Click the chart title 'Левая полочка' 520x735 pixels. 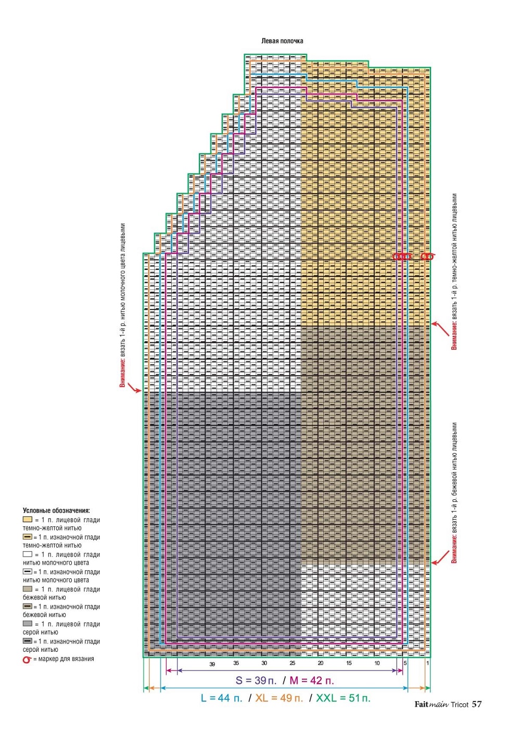click(x=282, y=41)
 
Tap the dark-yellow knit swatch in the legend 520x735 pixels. click(x=28, y=520)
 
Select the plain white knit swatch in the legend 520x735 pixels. click(x=28, y=555)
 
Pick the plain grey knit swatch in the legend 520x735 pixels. click(x=28, y=624)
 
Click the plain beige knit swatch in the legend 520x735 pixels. click(x=28, y=589)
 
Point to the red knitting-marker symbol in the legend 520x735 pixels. click(x=27, y=660)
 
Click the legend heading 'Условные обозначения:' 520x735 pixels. click(x=56, y=511)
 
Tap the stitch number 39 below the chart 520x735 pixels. click(x=212, y=664)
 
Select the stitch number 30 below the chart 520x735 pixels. click(x=264, y=663)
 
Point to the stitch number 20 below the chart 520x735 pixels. click(x=321, y=663)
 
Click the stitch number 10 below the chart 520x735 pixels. click(x=377, y=663)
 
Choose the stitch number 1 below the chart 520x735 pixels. click(x=427, y=663)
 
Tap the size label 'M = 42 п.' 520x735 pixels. click(x=312, y=680)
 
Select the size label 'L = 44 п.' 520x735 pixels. click(x=222, y=698)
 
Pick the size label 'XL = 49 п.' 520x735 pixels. click(x=279, y=698)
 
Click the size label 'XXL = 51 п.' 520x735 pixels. click(x=343, y=698)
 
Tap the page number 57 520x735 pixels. click(x=477, y=704)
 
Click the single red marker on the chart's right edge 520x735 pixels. click(x=427, y=256)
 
